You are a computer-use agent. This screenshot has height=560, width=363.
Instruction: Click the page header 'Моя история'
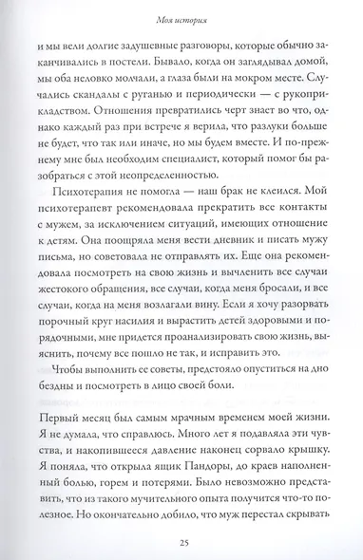click(181, 15)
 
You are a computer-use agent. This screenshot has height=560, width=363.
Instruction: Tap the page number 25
click(181, 541)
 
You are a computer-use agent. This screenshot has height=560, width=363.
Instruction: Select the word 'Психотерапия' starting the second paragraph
click(93, 210)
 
